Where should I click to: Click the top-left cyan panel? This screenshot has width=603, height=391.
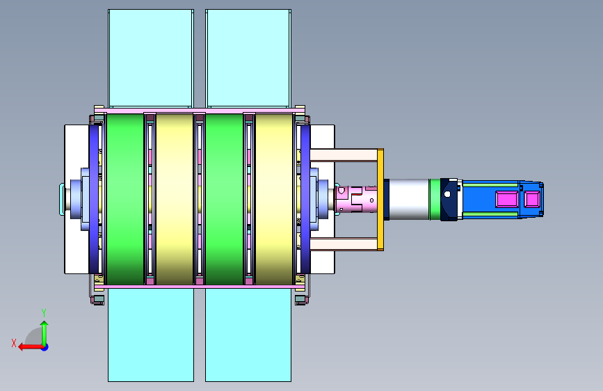[x=151, y=58]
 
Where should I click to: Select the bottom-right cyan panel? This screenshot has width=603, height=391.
[x=248, y=335]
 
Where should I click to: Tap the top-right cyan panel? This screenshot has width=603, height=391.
[x=248, y=58]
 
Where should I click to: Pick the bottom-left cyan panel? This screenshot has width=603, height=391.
[x=151, y=335]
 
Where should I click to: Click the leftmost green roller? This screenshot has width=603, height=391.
[x=125, y=199]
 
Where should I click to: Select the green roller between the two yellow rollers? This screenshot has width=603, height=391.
[x=225, y=199]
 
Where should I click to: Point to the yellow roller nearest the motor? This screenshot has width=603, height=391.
[x=274, y=199]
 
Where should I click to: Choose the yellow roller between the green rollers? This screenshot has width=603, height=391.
[x=175, y=199]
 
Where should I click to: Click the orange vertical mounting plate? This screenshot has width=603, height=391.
[x=380, y=200]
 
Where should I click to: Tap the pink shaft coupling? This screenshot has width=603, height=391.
[x=356, y=200]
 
